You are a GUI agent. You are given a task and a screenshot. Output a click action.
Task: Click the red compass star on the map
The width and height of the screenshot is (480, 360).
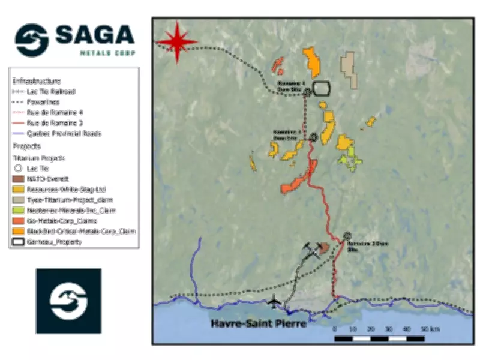[177, 41]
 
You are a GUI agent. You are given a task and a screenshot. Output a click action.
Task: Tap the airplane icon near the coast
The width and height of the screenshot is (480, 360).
[275, 300]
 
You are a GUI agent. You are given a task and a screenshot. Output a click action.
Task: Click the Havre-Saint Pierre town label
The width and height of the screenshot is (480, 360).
[259, 324]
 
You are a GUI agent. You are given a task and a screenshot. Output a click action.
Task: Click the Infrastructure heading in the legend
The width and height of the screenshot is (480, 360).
[37, 80]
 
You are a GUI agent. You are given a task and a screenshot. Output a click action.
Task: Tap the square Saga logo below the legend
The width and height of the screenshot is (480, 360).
[68, 301]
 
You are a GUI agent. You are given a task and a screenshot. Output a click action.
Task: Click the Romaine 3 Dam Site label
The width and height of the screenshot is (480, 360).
[286, 134]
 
